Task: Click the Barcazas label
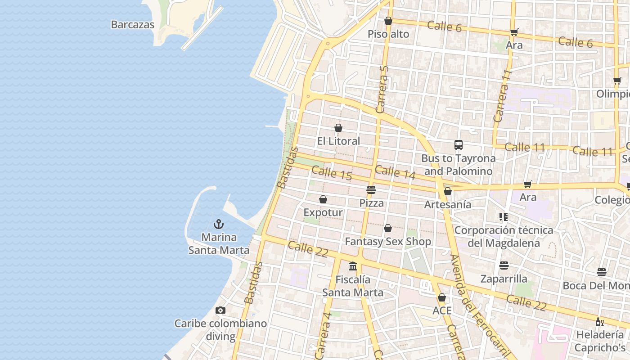(x=133, y=25)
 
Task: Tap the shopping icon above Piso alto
(x=388, y=21)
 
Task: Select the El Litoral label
(x=338, y=141)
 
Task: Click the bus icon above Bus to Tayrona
(x=459, y=145)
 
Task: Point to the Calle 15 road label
(x=332, y=173)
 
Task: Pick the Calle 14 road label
(x=395, y=172)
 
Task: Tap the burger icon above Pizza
(x=371, y=190)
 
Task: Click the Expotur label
(x=323, y=212)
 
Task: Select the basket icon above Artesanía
(x=448, y=192)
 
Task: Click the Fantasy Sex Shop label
(x=388, y=242)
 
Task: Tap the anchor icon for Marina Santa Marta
(x=219, y=224)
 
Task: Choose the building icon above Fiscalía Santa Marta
(x=353, y=266)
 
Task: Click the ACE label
(x=442, y=311)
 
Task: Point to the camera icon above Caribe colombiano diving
(x=220, y=310)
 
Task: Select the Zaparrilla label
(x=504, y=279)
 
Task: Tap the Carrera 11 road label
(x=503, y=96)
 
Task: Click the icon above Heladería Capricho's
(x=599, y=322)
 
